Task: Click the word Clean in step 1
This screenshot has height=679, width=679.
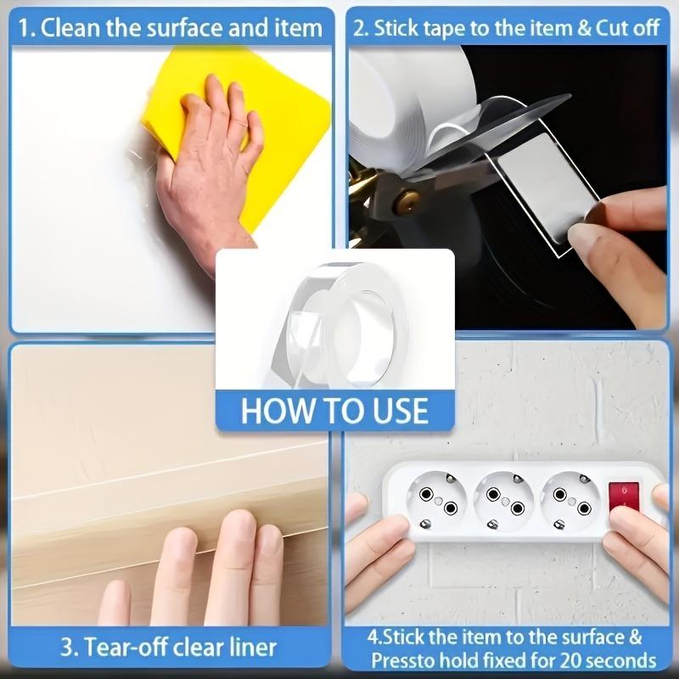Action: [73, 28]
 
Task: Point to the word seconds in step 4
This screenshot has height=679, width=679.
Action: [626, 659]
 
